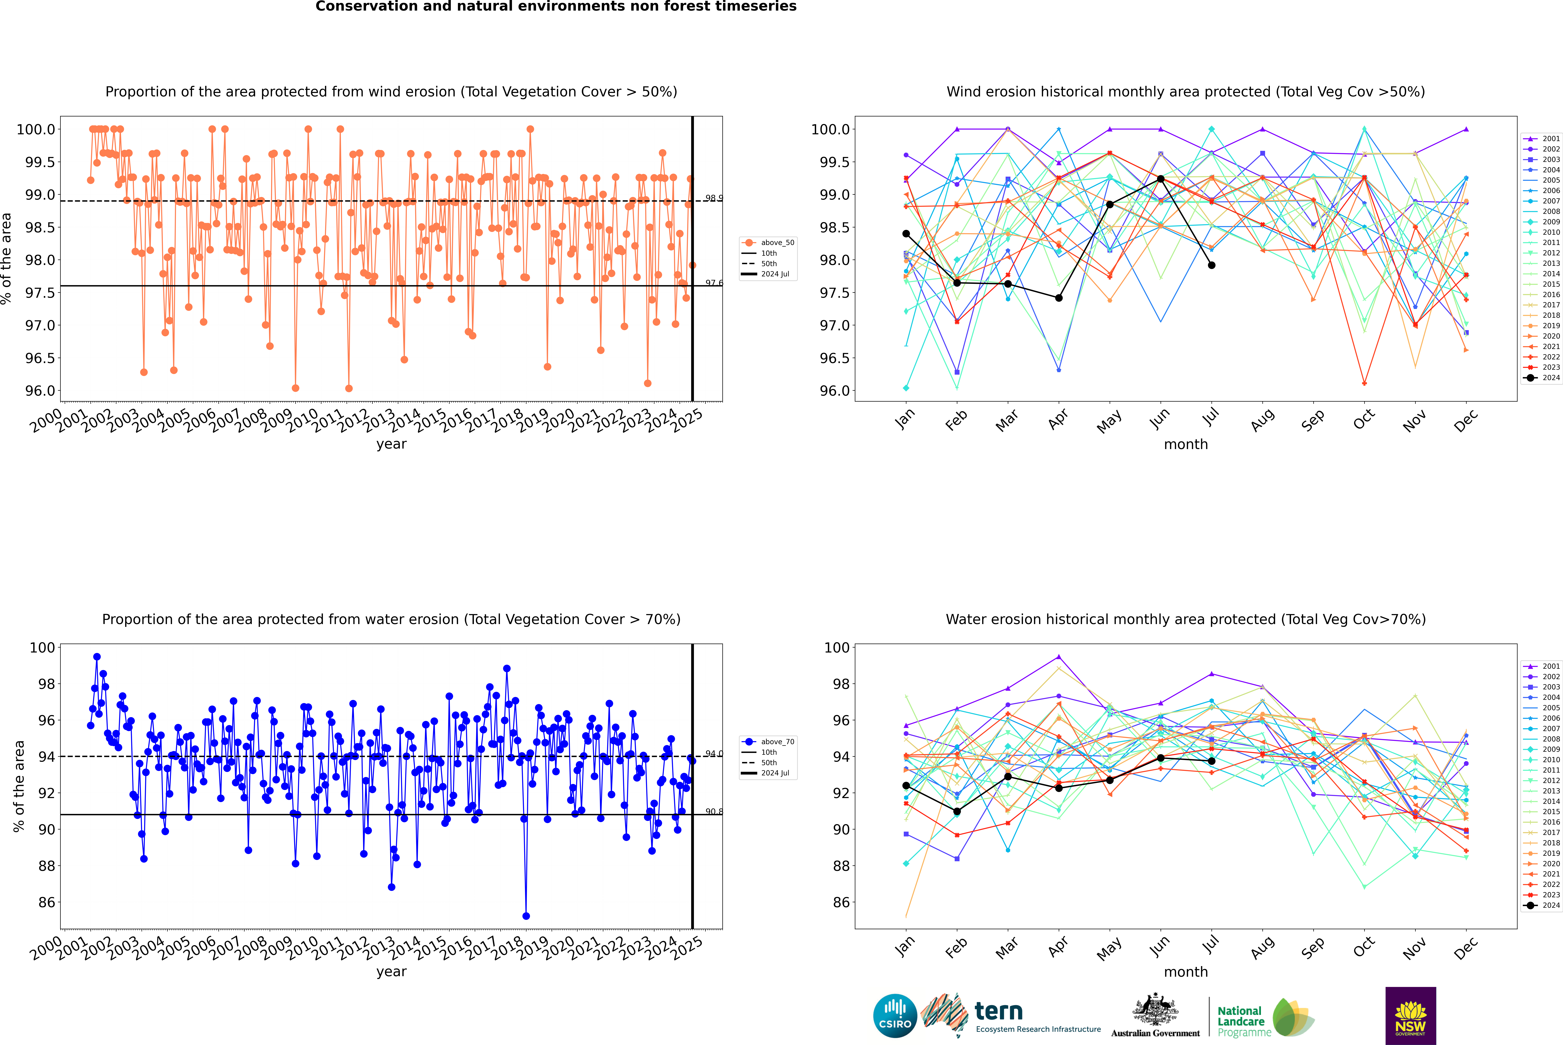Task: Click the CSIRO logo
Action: pyautogui.click(x=895, y=1016)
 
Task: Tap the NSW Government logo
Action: pyautogui.click(x=1410, y=1016)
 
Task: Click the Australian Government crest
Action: pyautogui.click(x=1155, y=1010)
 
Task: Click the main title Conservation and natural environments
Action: pyautogui.click(x=556, y=7)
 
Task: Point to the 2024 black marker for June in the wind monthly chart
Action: pyautogui.click(x=1161, y=179)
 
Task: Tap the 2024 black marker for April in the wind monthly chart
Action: pyautogui.click(x=1059, y=298)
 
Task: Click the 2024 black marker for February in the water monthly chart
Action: pyautogui.click(x=957, y=812)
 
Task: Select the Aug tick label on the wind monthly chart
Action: pyautogui.click(x=1263, y=420)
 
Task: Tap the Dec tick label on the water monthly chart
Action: pyautogui.click(x=1466, y=948)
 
